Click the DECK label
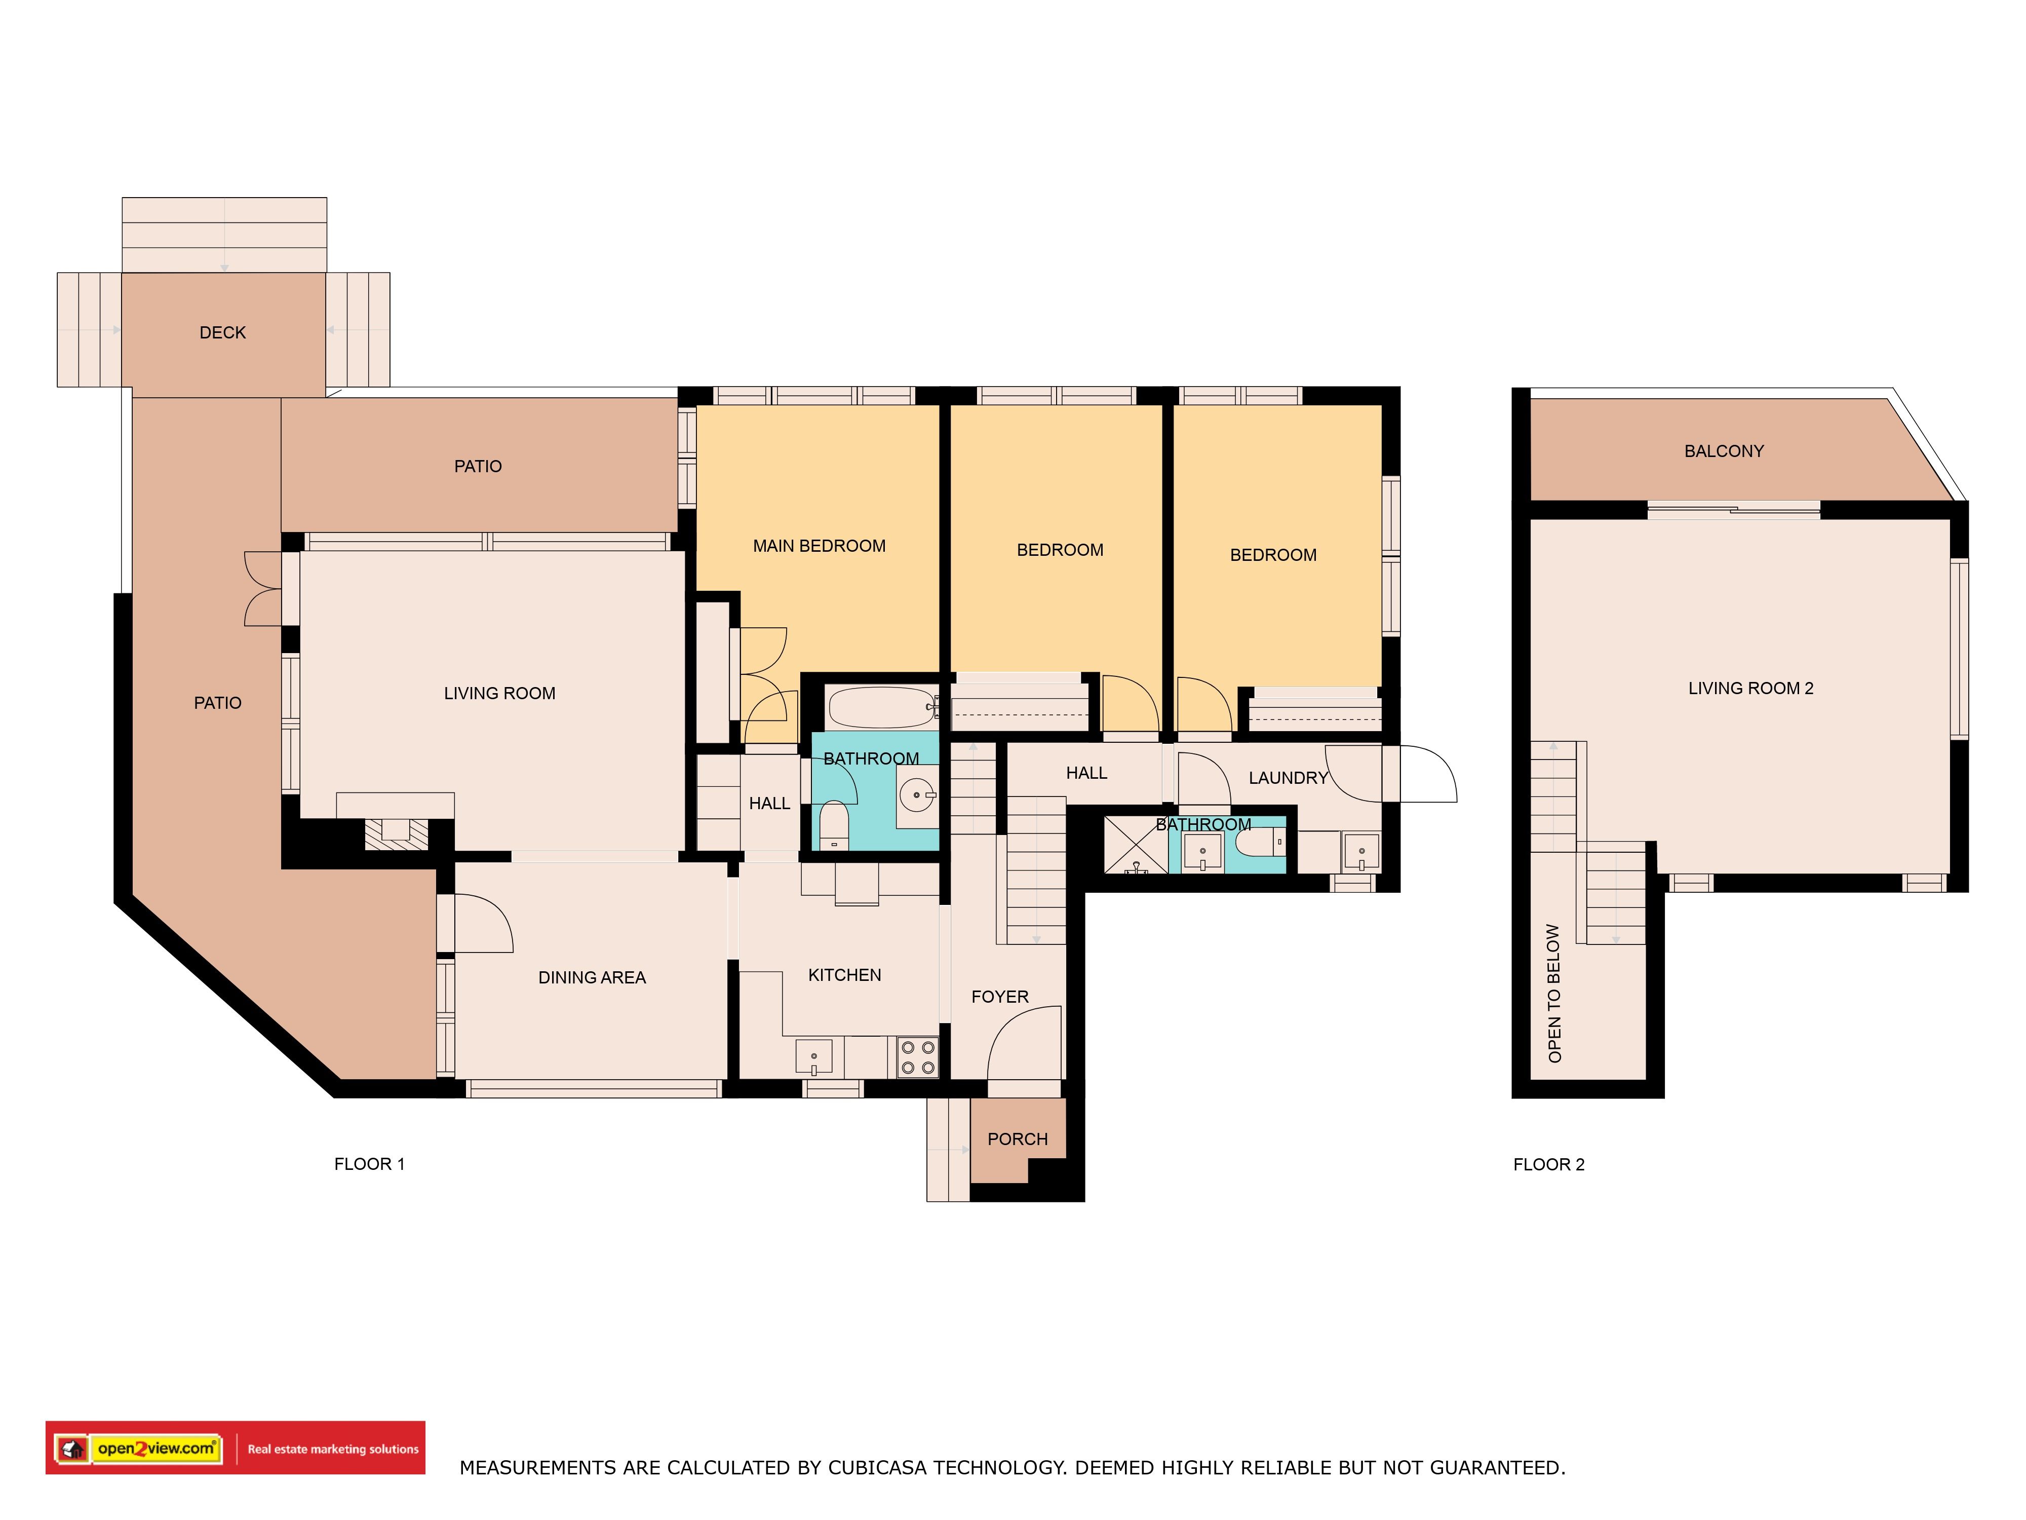tap(222, 332)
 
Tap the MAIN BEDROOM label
tap(819, 546)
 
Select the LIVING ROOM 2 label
tap(1750, 688)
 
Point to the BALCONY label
tap(1724, 451)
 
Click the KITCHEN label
tap(844, 975)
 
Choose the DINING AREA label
tap(592, 977)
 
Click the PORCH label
tap(1018, 1139)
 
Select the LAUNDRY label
tap(1288, 778)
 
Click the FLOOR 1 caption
tap(369, 1164)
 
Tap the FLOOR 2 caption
tap(1549, 1164)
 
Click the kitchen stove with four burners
tap(917, 1056)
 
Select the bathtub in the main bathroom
tap(882, 707)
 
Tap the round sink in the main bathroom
tap(917, 794)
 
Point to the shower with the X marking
tap(1136, 844)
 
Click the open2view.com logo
tap(155, 1449)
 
